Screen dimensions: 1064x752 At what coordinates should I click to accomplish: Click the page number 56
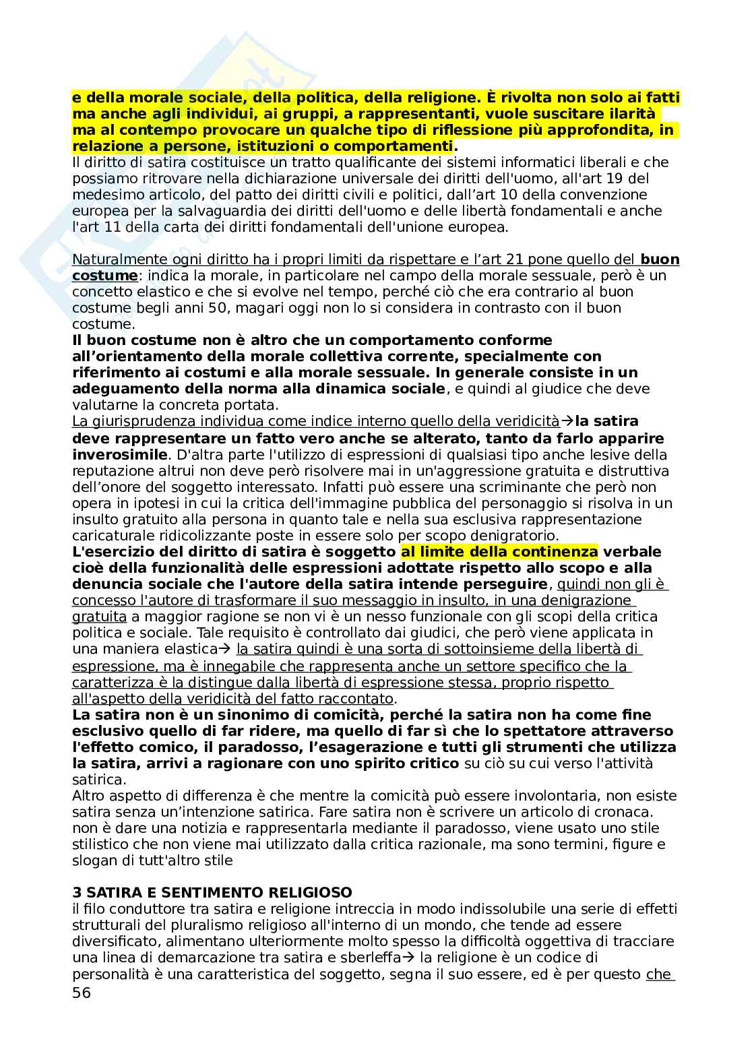click(81, 993)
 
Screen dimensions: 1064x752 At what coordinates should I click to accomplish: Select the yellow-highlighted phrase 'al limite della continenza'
click(499, 552)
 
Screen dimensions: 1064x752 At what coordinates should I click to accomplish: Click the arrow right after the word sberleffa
click(409, 958)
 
